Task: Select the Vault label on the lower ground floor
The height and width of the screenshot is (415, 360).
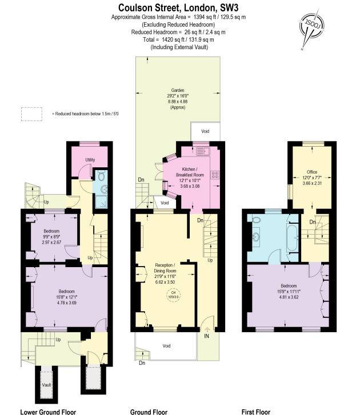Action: tap(46, 385)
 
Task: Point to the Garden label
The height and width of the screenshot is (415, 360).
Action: tap(177, 90)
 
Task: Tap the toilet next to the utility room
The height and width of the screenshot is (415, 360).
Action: tap(101, 176)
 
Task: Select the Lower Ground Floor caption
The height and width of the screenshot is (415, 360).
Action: tap(48, 411)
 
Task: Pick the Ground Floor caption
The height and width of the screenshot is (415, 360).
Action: tap(149, 411)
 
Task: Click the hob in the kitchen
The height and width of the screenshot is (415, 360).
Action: tap(215, 175)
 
